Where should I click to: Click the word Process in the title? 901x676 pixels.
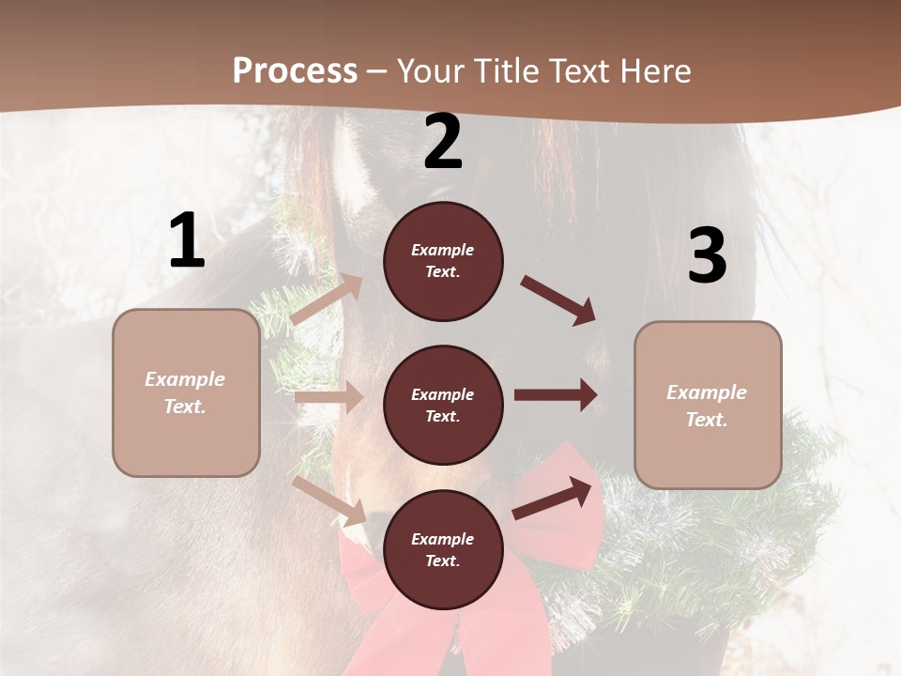point(295,71)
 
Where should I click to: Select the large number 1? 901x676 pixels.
point(187,241)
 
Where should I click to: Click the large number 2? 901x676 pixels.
point(443,143)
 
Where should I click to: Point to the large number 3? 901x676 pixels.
point(707,256)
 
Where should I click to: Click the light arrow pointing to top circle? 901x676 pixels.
point(327,300)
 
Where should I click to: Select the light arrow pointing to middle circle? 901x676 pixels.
point(329,397)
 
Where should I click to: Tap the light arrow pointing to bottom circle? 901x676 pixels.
point(329,499)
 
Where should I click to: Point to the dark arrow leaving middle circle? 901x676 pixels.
point(556,394)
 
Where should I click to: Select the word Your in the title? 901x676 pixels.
point(428,71)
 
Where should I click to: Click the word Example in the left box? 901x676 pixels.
point(185,379)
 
